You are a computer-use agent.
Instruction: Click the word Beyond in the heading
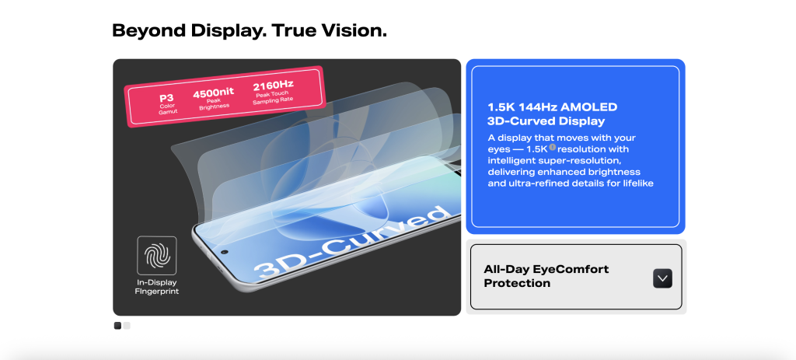click(x=149, y=31)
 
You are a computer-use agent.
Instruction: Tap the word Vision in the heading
click(x=354, y=30)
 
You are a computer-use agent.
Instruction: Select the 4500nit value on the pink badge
click(x=213, y=93)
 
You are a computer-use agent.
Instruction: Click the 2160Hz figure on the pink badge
click(x=273, y=85)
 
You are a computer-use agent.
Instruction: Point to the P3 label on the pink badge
click(x=166, y=97)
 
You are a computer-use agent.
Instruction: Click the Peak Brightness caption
click(x=214, y=103)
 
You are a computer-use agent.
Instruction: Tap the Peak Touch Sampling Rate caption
click(x=273, y=96)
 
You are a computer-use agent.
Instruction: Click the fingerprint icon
click(x=157, y=255)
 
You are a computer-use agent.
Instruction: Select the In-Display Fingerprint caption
click(x=157, y=287)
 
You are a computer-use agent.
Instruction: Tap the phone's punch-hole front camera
click(x=225, y=251)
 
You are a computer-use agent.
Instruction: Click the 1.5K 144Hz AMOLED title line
click(x=553, y=107)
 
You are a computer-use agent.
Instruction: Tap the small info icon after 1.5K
click(x=553, y=148)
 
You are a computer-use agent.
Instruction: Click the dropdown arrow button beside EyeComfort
click(x=662, y=278)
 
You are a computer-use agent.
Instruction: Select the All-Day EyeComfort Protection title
click(x=546, y=276)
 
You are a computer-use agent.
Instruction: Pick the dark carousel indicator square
click(x=118, y=326)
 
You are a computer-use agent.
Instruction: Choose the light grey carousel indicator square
click(x=127, y=326)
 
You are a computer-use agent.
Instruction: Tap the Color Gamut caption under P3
click(x=167, y=109)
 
